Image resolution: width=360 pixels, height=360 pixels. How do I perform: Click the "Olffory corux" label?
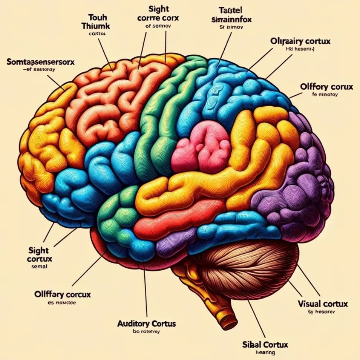[x=326, y=87]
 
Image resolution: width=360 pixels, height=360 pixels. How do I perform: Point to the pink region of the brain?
[x=201, y=147]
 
